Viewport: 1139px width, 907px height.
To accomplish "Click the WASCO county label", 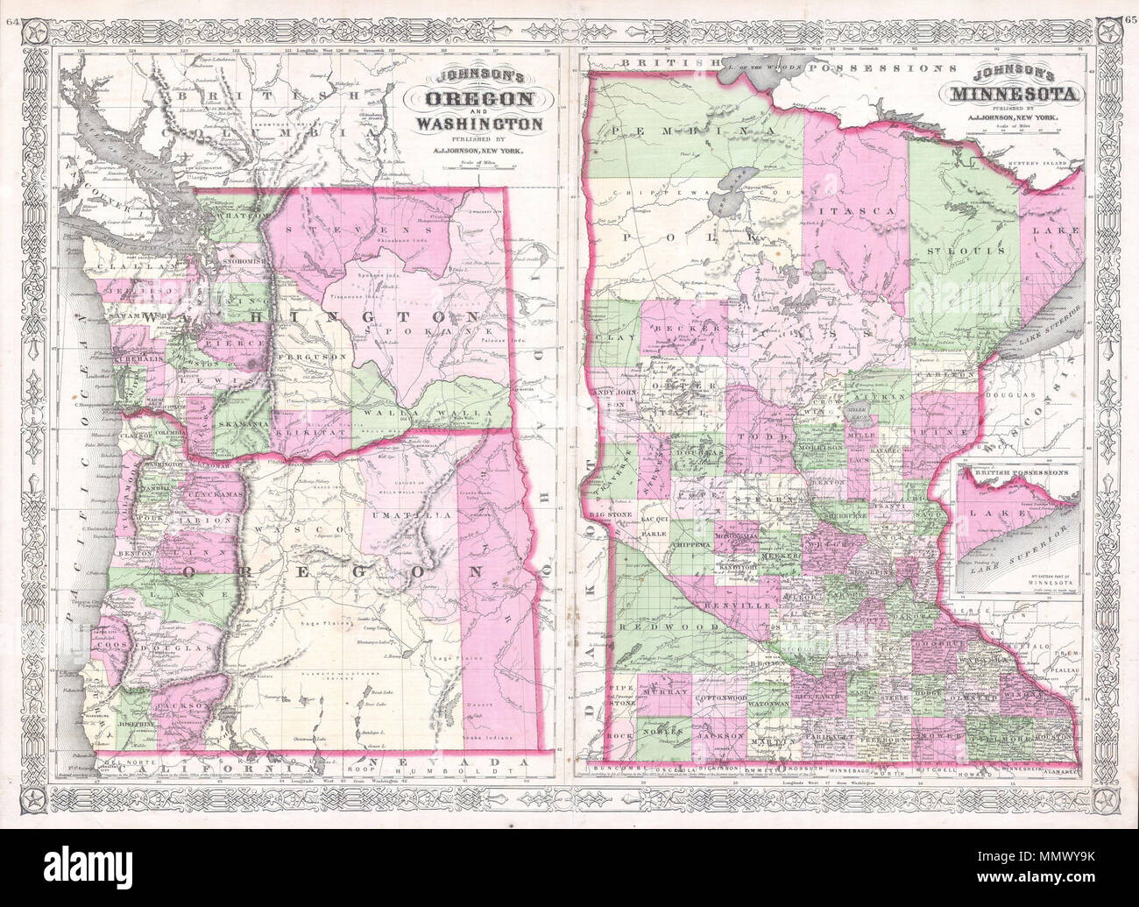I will pos(278,531).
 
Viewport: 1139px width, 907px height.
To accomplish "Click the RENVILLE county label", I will pos(749,605).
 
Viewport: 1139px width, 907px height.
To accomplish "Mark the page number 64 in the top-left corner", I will pos(11,10).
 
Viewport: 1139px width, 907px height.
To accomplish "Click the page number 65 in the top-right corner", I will pos(1128,10).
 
